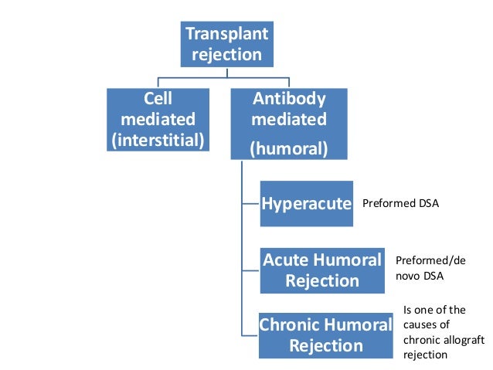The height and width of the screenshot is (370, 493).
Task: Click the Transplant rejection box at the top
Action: tap(226, 44)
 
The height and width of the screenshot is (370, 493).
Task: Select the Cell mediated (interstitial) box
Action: tap(158, 120)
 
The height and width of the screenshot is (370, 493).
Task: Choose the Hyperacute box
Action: tap(306, 204)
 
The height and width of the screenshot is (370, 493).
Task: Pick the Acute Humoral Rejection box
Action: tap(322, 270)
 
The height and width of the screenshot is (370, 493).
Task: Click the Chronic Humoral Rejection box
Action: tap(326, 335)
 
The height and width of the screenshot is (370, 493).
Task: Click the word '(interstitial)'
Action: tap(158, 140)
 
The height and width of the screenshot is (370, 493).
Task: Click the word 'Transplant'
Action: tap(226, 35)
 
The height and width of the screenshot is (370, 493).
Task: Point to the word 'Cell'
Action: tap(158, 100)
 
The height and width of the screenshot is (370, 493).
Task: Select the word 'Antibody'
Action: tap(289, 100)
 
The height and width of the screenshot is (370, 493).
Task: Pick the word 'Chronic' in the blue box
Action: tap(289, 325)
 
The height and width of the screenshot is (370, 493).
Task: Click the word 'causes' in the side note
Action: tap(421, 324)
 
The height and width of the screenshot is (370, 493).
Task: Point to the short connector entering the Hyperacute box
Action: tap(251, 204)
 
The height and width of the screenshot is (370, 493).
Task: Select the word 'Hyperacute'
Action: tap(306, 204)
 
